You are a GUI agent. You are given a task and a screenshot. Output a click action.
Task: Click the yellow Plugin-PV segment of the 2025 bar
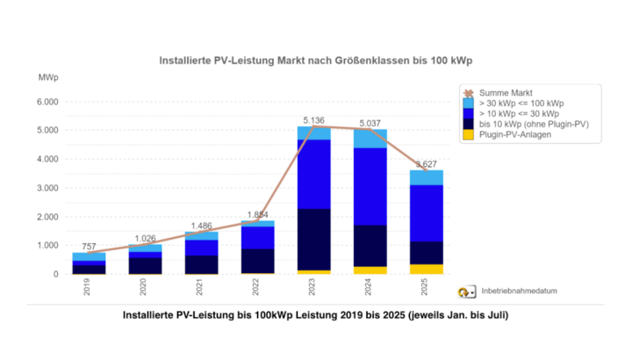coord(427,269)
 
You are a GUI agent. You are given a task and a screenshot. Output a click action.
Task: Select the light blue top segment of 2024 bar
coord(370,139)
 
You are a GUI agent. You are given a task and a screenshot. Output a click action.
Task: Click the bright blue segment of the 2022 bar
coord(257,237)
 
